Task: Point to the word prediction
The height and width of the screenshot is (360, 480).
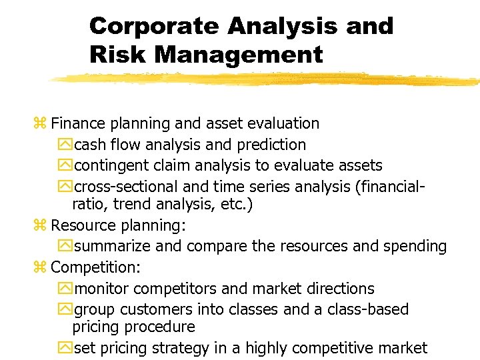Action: pyautogui.click(x=270, y=145)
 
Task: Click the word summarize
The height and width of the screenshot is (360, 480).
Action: pyautogui.click(x=113, y=246)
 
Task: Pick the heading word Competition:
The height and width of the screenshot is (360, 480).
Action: pyautogui.click(x=92, y=267)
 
